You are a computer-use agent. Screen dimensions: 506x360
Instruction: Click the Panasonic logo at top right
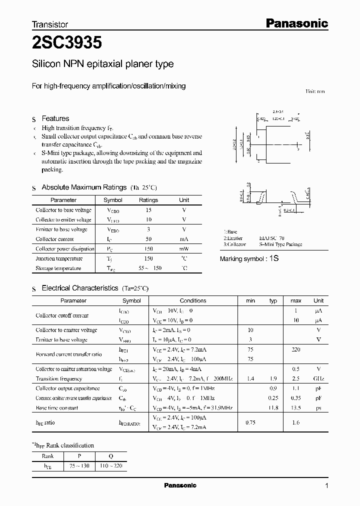coord(296,23)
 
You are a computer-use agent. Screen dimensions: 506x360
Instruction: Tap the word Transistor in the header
coord(50,24)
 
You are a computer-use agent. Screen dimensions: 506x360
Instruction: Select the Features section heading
coord(55,118)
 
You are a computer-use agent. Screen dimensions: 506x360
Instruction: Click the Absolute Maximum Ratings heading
coord(84,187)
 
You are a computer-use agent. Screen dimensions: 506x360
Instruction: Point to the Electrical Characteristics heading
coord(80,288)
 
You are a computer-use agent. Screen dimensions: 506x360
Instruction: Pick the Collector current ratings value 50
coord(148,239)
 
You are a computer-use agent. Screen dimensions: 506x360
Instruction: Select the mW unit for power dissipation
coord(184,249)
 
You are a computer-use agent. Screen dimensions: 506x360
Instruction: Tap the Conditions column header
coord(193,301)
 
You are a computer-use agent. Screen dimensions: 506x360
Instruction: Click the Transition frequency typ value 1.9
coord(273,379)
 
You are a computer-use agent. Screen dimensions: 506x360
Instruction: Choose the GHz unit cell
coord(318,379)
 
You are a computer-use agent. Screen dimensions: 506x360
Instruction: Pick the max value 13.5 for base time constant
coord(296,407)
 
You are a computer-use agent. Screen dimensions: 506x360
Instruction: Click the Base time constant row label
coord(57,407)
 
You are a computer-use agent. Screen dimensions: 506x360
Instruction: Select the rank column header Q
coord(110,455)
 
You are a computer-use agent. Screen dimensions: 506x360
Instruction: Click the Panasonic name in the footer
coord(180,485)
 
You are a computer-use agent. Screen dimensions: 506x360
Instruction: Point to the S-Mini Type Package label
coord(280,245)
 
